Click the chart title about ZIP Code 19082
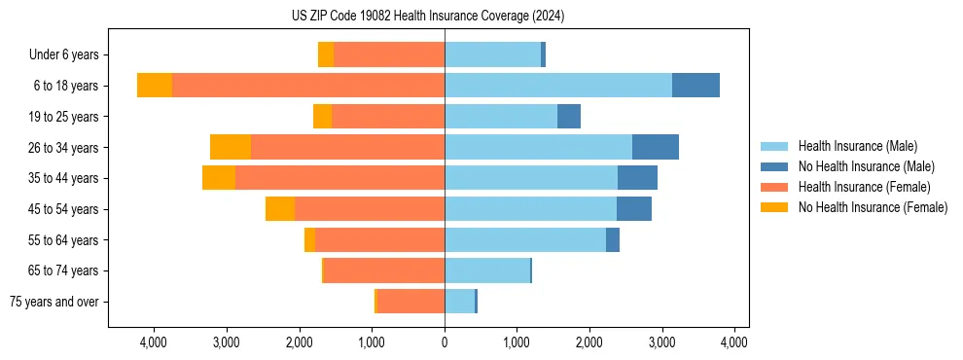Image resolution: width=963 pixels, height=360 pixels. click(x=427, y=16)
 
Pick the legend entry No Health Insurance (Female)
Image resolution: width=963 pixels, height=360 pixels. click(x=873, y=207)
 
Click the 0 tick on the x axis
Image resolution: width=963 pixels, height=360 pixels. click(x=445, y=342)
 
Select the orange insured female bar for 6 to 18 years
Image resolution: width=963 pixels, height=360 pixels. click(x=308, y=86)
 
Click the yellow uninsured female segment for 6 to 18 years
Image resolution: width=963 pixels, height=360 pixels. click(x=155, y=86)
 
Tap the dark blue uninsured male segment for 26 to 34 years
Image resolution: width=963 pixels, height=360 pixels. click(x=655, y=147)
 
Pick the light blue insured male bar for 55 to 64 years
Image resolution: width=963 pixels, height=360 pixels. click(x=525, y=239)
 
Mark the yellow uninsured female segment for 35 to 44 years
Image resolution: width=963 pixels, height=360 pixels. click(x=219, y=178)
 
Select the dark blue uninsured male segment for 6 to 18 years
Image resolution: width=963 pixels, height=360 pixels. click(x=695, y=86)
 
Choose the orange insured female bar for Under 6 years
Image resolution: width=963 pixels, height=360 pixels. click(x=389, y=54)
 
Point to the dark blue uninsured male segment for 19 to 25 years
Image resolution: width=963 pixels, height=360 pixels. click(x=569, y=117)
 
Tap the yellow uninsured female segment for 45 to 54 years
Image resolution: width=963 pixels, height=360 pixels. click(x=280, y=209)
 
